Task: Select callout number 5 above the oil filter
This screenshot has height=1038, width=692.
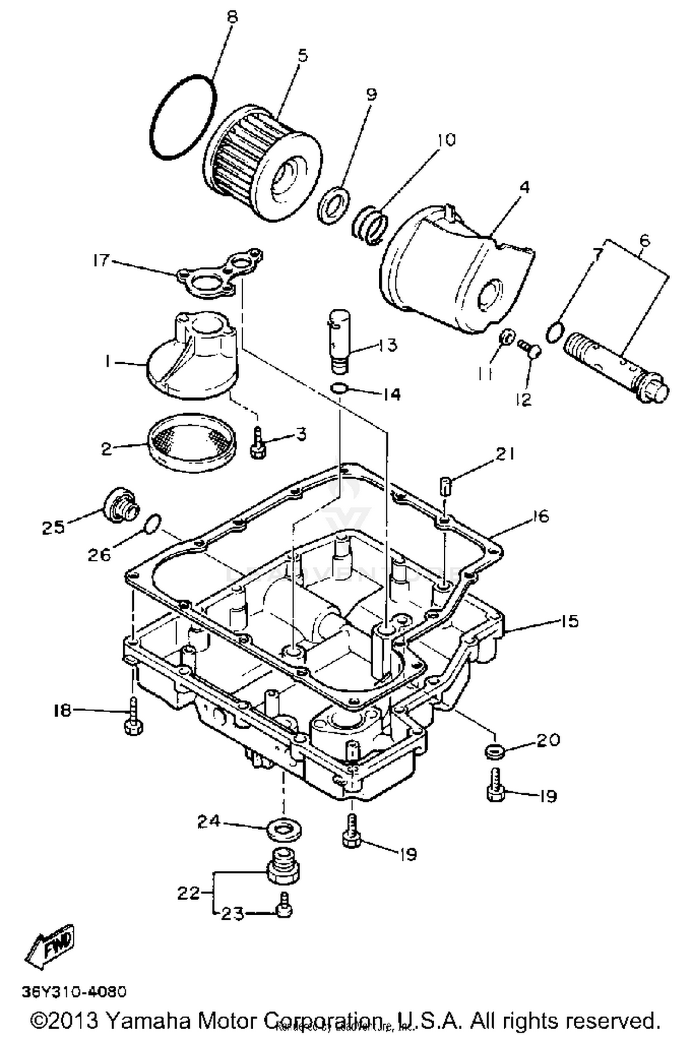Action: [303, 56]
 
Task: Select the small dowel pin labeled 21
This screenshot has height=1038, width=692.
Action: [444, 486]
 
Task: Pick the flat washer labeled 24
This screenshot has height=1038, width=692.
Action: [284, 831]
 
